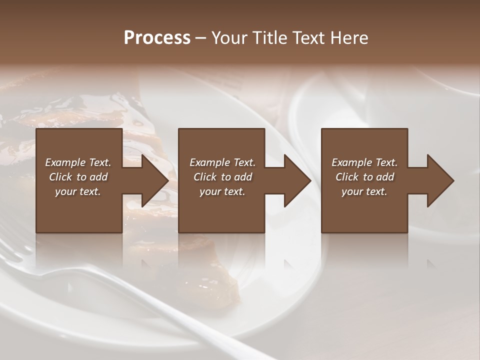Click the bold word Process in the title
tap(157, 38)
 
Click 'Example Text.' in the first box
tap(78, 162)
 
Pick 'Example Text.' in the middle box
tap(222, 162)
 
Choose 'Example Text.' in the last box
tap(364, 162)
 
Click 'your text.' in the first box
tap(78, 191)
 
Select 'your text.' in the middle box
tap(222, 191)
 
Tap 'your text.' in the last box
tap(364, 191)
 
